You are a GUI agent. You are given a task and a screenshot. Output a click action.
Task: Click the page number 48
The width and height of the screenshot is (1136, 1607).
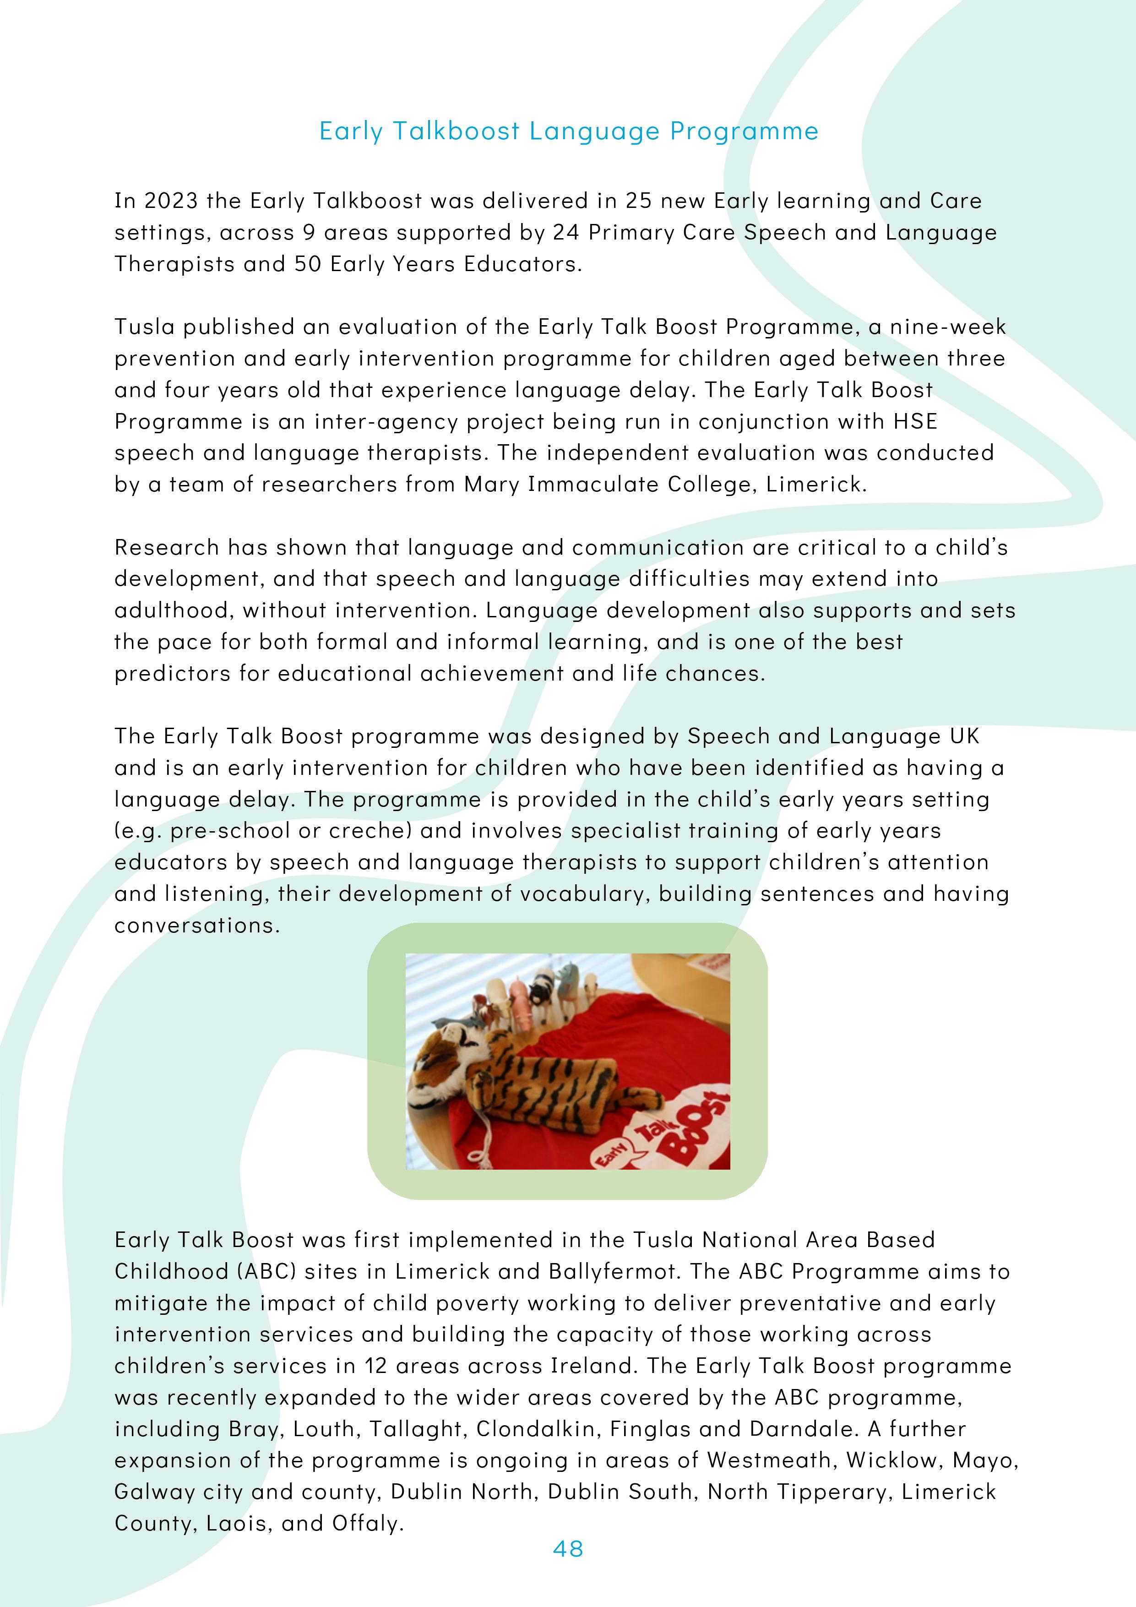pyautogui.click(x=568, y=1549)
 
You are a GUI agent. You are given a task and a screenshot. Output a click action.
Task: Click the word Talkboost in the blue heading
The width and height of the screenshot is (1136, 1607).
pyautogui.click(x=456, y=131)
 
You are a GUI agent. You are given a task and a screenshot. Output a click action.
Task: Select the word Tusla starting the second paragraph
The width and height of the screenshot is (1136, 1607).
pyautogui.click(x=144, y=327)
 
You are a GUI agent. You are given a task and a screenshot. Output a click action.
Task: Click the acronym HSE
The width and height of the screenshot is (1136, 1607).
pyautogui.click(x=915, y=421)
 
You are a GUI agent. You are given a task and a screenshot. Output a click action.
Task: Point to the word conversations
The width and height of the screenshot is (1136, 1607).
pyautogui.click(x=197, y=925)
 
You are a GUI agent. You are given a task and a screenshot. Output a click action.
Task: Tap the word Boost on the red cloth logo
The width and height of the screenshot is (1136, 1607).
pyautogui.click(x=692, y=1127)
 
